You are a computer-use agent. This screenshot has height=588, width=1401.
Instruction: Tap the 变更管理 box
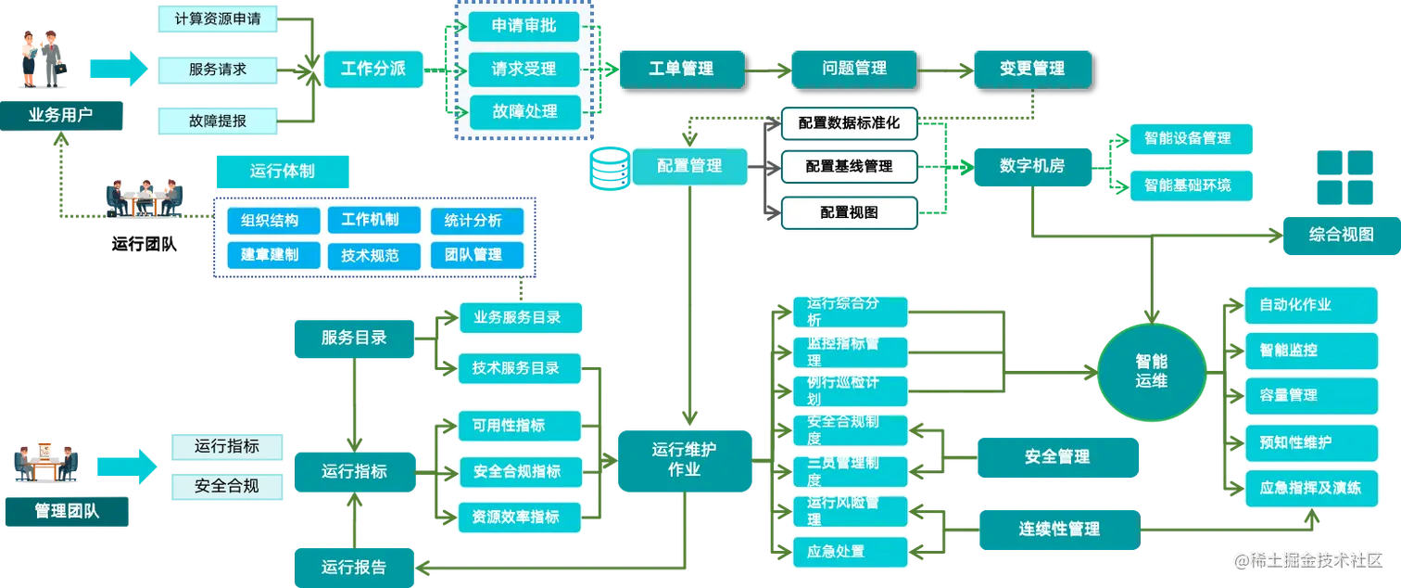(x=1031, y=69)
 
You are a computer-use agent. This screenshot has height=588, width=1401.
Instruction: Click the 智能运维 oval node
(x=1152, y=369)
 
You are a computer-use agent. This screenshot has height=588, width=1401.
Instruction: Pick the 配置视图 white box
(x=849, y=212)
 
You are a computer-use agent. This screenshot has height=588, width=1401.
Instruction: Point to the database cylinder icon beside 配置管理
(x=608, y=168)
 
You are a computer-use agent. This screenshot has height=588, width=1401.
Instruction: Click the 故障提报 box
(x=218, y=121)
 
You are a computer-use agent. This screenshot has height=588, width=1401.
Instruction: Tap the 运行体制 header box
(x=283, y=172)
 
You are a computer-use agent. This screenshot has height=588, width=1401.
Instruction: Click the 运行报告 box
(x=353, y=567)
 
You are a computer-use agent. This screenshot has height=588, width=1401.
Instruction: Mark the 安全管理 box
(x=1056, y=457)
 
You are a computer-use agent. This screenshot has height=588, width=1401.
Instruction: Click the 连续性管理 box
(x=1059, y=529)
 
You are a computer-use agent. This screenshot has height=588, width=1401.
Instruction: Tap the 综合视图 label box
(x=1340, y=235)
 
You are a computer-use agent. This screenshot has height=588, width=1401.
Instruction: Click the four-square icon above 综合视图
(x=1344, y=177)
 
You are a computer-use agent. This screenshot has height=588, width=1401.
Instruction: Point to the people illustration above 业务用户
(x=41, y=57)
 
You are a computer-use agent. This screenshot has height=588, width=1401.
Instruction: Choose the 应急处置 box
(x=850, y=551)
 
